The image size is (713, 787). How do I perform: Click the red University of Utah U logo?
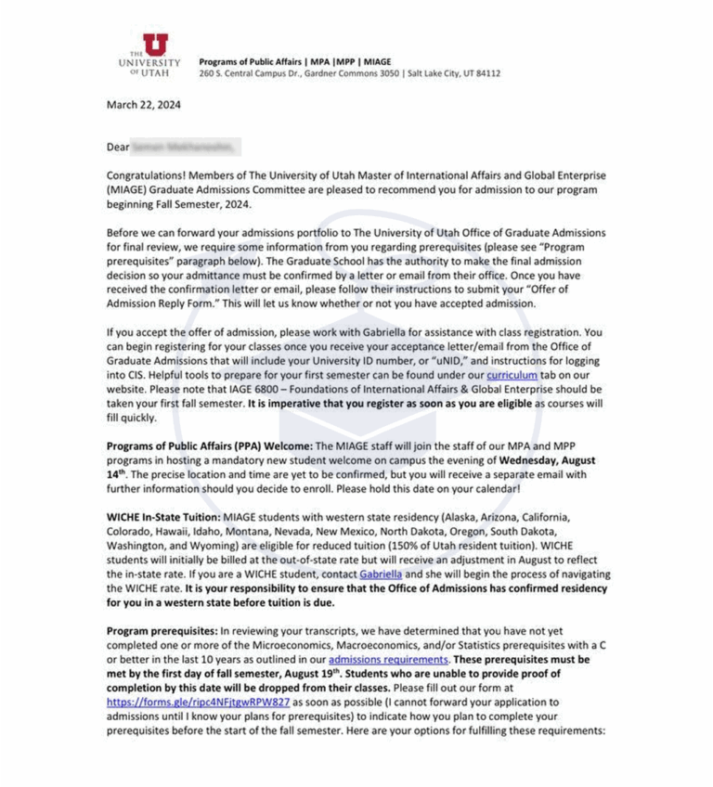tap(155, 45)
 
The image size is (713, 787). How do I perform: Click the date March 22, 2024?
tap(144, 105)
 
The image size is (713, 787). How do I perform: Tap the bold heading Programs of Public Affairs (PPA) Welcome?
tap(209, 445)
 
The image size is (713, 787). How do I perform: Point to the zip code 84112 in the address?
tap(486, 73)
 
